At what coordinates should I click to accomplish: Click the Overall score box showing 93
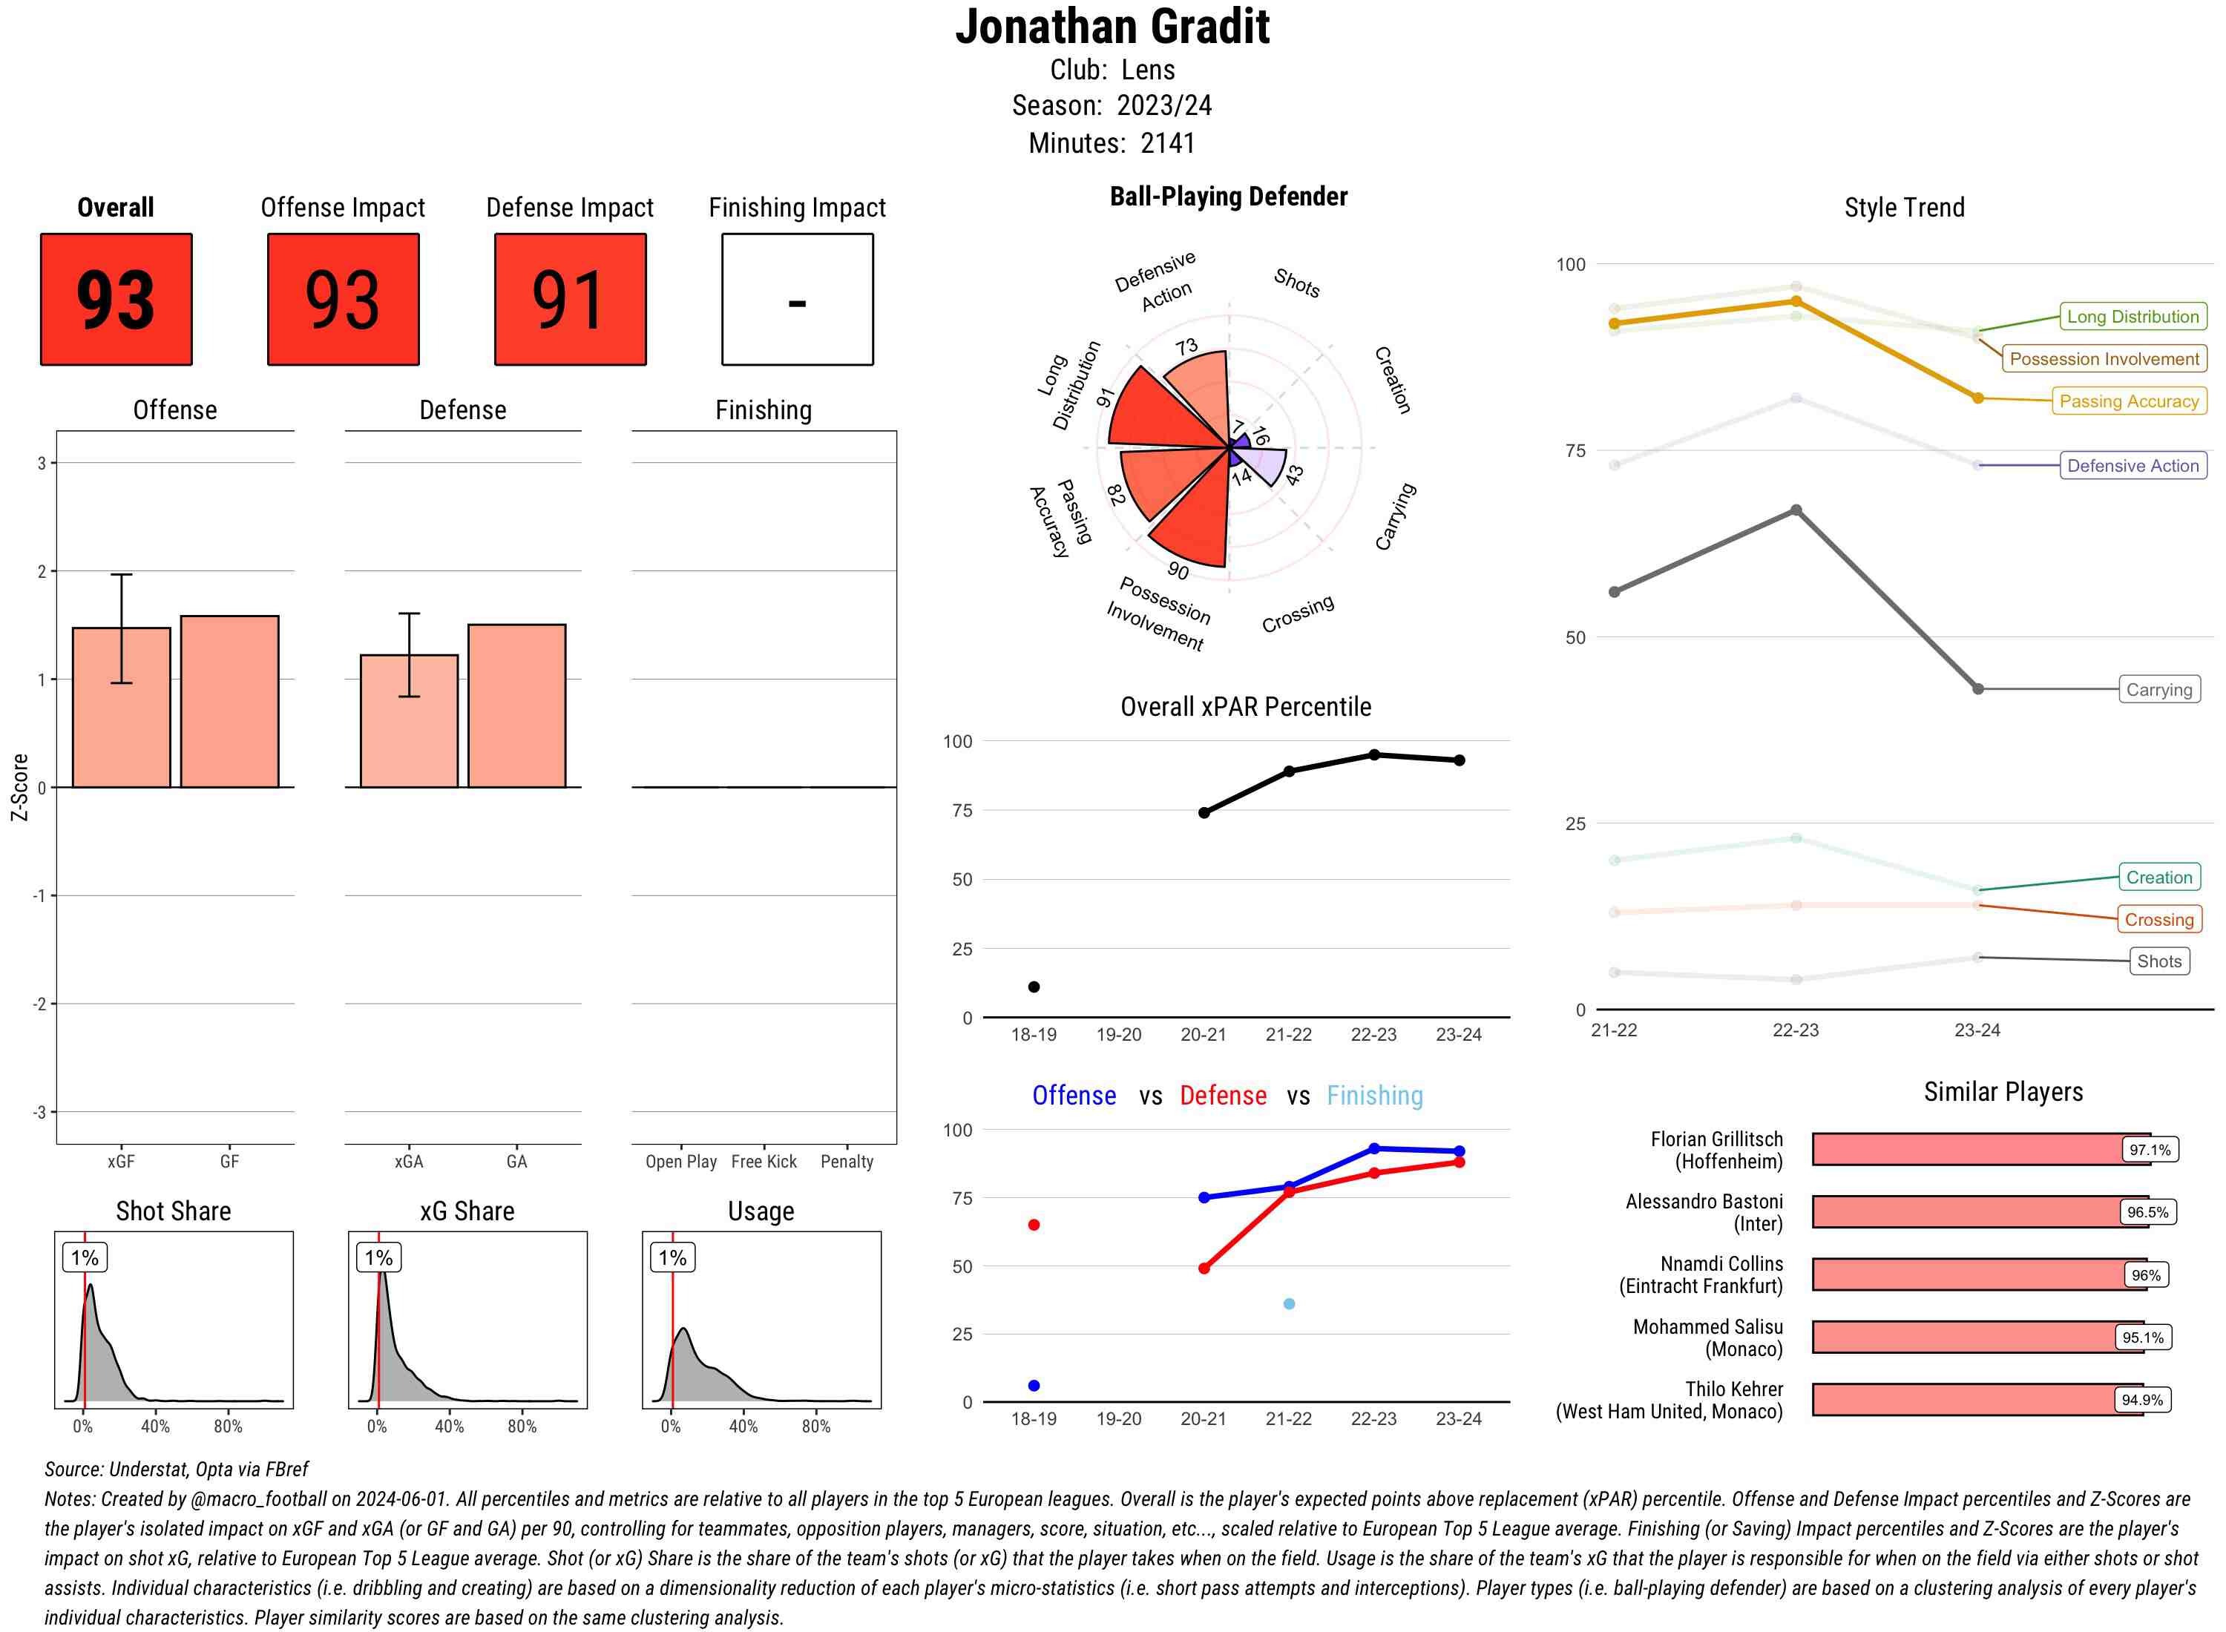(116, 300)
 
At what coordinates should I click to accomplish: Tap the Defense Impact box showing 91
(570, 300)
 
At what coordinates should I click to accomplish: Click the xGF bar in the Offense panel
(122, 708)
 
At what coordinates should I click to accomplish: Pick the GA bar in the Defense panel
(516, 705)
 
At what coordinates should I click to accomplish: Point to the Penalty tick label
(847, 1162)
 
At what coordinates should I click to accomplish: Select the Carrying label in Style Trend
(2158, 690)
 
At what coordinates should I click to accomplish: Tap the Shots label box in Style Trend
(2158, 961)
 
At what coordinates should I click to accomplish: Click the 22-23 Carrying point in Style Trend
(1795, 510)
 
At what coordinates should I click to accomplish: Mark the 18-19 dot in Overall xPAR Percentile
(1034, 987)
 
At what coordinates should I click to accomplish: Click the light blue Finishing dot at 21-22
(1288, 1304)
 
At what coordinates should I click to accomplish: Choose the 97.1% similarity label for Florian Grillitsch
(2149, 1150)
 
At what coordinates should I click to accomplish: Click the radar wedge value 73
(1186, 346)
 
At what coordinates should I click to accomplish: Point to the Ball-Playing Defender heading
(1228, 197)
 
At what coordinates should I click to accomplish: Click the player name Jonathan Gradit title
(1112, 27)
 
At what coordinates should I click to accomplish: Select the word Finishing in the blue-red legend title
(1374, 1096)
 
